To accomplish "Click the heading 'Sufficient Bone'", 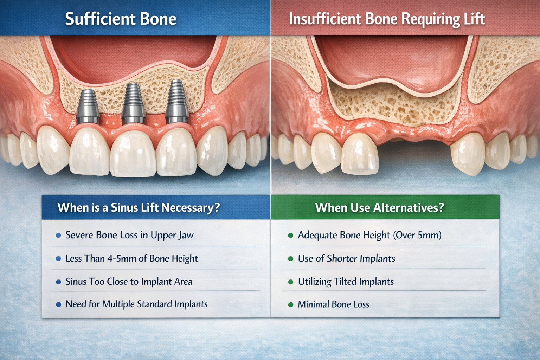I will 121,19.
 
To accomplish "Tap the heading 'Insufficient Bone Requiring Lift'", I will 387,19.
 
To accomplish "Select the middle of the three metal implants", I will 133,103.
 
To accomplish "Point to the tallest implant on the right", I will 177,101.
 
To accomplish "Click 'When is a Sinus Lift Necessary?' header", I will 139,207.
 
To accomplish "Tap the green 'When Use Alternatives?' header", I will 379,207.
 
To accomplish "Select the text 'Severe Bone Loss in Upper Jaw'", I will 129,235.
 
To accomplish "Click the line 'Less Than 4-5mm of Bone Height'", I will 131,258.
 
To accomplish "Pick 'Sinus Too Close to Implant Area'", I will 129,282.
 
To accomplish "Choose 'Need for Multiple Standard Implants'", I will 136,304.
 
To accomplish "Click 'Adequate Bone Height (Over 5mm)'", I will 369,235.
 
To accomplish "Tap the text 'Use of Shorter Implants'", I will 346,258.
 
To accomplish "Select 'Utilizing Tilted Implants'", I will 346,282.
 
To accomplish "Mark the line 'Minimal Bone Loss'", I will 333,304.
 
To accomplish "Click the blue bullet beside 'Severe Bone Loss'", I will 58,236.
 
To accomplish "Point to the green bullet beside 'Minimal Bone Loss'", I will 290,305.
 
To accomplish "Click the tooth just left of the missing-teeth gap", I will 359,154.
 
